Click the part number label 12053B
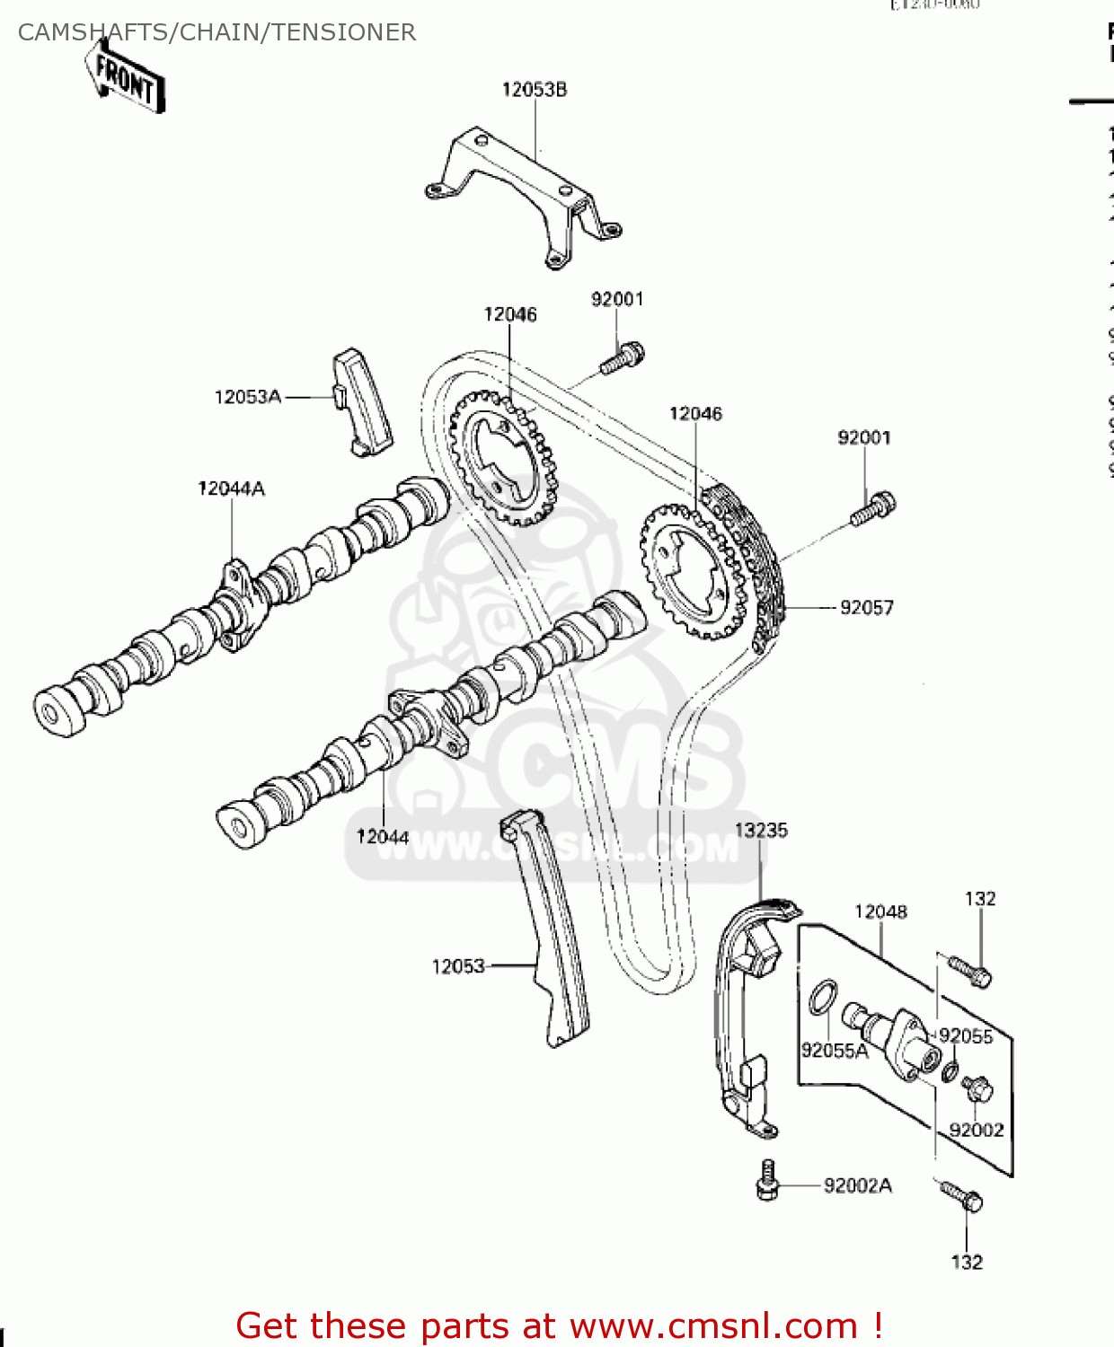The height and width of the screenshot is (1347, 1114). [534, 90]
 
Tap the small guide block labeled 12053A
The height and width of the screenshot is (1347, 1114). [363, 403]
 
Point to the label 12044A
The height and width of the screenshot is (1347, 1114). [231, 489]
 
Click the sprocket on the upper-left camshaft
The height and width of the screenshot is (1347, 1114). [503, 458]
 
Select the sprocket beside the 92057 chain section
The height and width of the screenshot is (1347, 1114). [693, 571]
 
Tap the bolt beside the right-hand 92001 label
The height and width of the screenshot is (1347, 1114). [872, 509]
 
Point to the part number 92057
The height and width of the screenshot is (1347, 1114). [866, 608]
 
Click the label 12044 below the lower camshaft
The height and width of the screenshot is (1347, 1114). [383, 837]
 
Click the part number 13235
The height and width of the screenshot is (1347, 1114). [761, 831]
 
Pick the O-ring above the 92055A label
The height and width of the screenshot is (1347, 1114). [823, 998]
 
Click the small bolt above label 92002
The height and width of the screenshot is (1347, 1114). [977, 1089]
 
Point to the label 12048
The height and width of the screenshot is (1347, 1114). [880, 912]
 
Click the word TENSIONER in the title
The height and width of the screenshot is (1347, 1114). [344, 32]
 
